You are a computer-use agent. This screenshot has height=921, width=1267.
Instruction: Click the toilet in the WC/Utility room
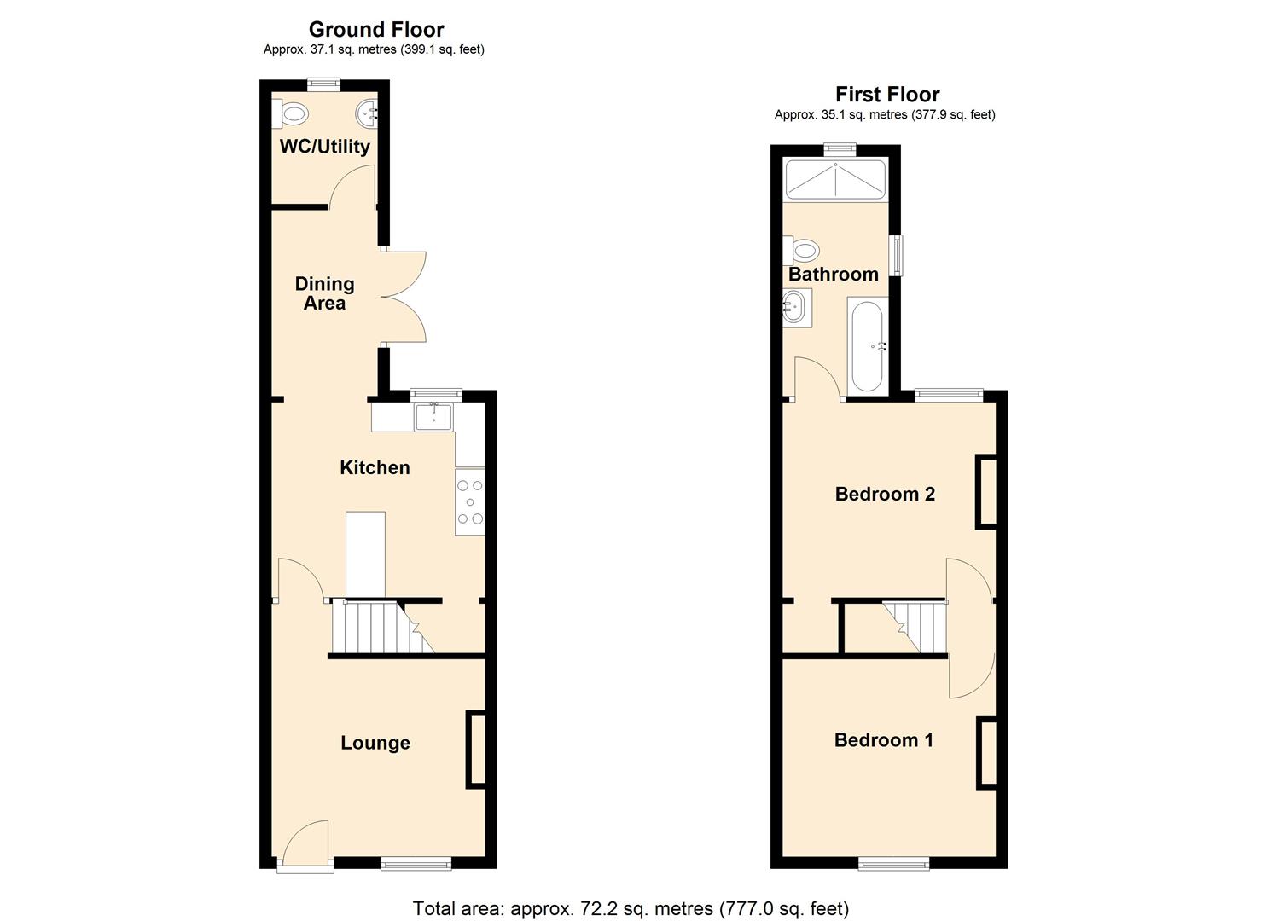[291, 113]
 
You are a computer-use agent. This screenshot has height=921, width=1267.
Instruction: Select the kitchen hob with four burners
[469, 502]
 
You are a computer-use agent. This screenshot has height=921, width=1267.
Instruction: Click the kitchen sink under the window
[434, 415]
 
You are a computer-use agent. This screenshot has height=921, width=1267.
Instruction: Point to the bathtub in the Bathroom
[867, 345]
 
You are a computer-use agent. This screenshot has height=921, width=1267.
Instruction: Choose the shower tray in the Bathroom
[836, 180]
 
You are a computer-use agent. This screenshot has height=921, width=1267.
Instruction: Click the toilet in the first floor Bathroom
[803, 250]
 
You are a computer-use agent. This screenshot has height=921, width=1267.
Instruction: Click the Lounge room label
[375, 743]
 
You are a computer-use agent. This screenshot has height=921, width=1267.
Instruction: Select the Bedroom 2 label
[885, 494]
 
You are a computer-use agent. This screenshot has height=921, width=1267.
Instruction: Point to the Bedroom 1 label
[883, 739]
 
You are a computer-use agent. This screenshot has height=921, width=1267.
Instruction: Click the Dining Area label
[324, 293]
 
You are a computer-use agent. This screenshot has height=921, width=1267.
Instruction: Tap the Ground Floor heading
[375, 30]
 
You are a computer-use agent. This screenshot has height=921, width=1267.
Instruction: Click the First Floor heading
[886, 95]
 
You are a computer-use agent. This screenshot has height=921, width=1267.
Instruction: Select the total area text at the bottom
[631, 908]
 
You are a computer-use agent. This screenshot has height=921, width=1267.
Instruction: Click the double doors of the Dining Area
[404, 297]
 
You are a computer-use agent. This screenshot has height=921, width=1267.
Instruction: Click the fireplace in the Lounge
[475, 749]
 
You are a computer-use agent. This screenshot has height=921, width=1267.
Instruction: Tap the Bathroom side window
[896, 255]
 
